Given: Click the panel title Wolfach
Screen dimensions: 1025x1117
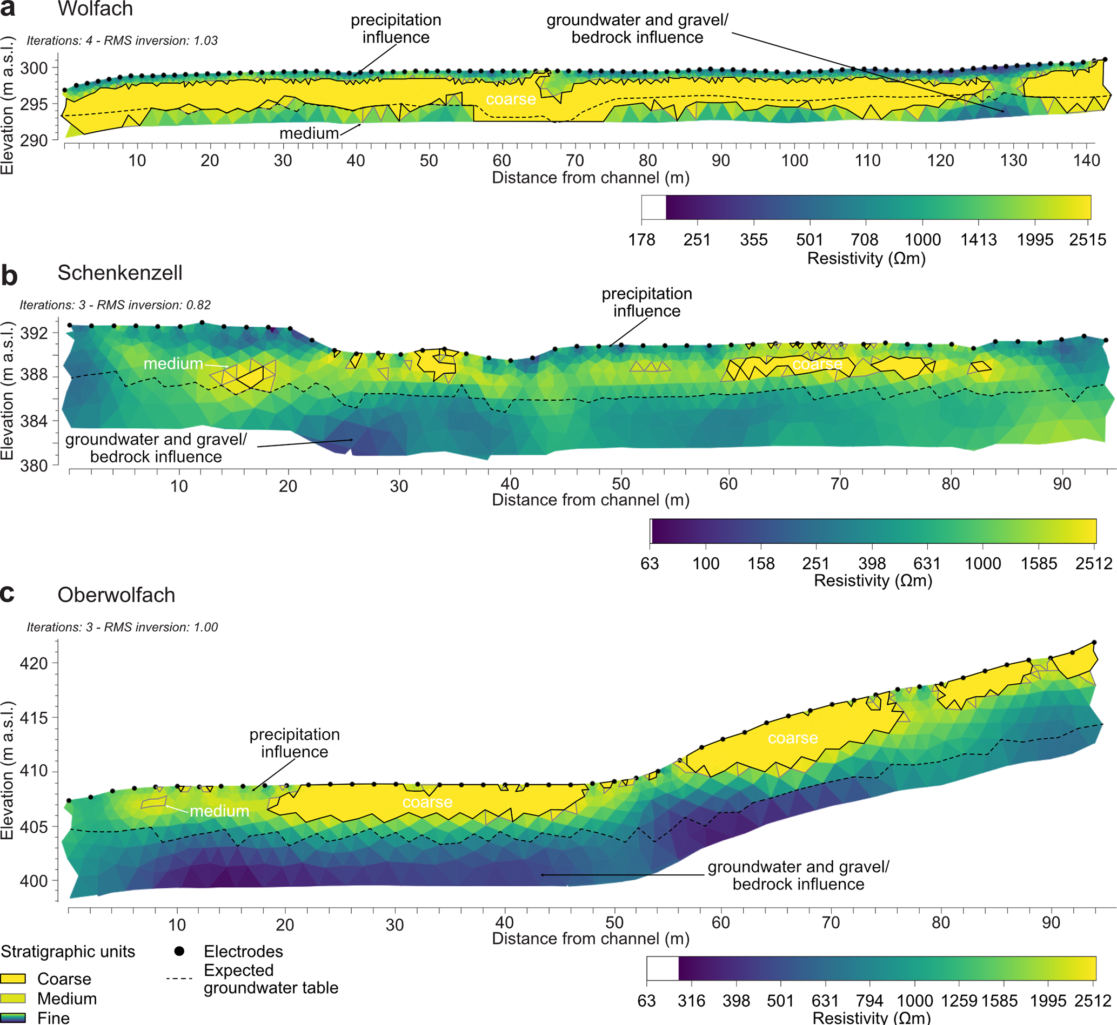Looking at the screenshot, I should pos(95,9).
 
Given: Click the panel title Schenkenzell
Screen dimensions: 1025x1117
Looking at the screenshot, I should pos(120,273).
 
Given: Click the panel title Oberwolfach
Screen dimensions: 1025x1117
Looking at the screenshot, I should pos(116,595).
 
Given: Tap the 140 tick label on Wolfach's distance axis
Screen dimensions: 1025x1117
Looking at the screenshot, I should pos(1086,160).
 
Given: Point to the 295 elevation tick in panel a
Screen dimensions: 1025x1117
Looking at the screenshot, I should pos(34,104).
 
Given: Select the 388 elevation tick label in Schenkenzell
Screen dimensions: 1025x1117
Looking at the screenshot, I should pos(34,375).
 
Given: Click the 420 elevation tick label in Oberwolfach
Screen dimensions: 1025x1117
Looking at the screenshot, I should pos(34,663).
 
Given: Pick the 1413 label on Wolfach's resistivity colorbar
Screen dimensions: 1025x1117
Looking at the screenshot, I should pos(978,240).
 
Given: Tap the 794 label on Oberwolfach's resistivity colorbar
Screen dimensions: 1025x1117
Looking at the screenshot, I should pos(869,1001).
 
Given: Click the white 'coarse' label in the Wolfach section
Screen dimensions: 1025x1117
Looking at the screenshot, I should pos(511,99).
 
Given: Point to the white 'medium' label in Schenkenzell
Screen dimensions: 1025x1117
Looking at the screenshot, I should pos(173,364).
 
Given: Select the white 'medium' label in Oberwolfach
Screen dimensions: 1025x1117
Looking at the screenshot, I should pos(219,811).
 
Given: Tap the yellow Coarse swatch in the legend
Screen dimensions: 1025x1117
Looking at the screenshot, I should pos(14,979).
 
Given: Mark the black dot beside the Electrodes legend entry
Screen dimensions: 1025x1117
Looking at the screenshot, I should pos(179,951).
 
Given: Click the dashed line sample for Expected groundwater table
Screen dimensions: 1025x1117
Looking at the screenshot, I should pos(179,979).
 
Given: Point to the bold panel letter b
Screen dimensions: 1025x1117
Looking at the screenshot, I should pos(9,275).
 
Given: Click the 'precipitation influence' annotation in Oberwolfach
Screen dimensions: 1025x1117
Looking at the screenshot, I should pos(294,743).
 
